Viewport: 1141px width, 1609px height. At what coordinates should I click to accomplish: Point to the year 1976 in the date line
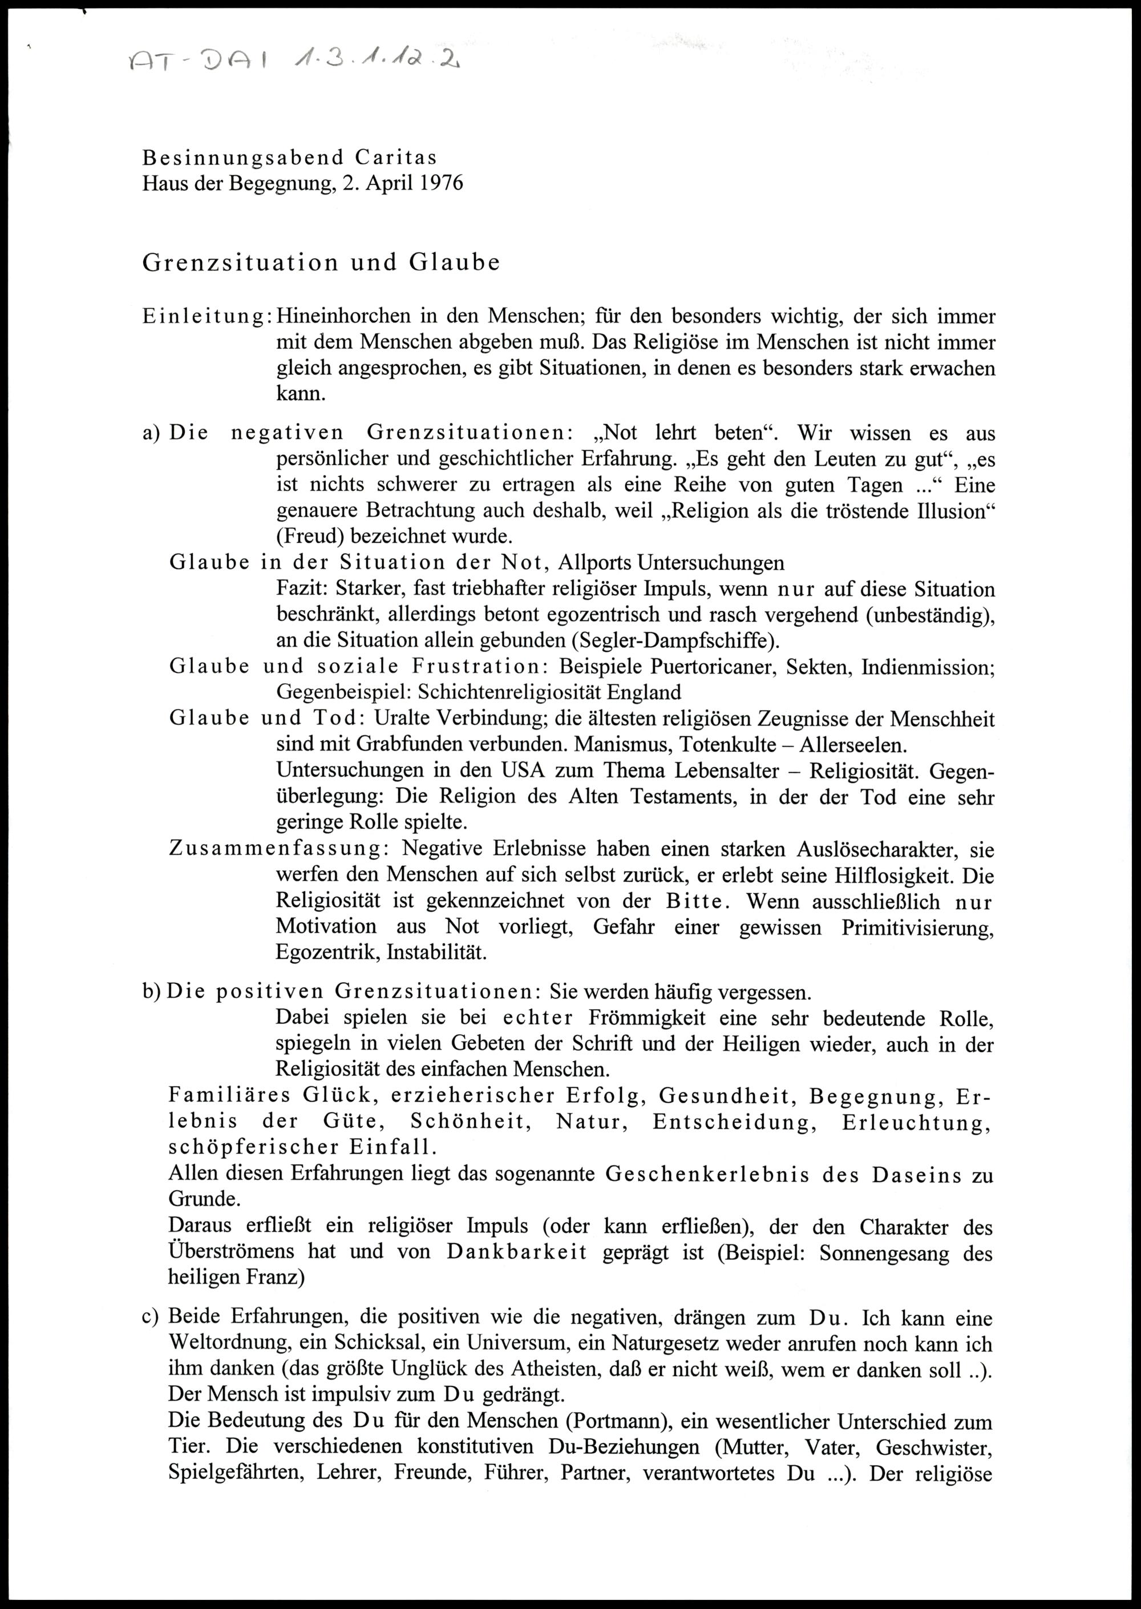[x=442, y=183]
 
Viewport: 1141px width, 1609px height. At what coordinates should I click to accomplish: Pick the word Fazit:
[x=303, y=589]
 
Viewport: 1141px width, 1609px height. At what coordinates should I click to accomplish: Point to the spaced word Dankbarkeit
[x=516, y=1253]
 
